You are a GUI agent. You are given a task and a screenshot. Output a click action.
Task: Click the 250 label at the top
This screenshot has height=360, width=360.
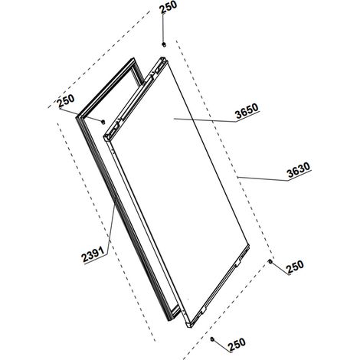[x=168, y=8]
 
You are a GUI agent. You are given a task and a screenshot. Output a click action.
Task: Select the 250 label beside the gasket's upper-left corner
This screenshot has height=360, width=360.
[x=66, y=101]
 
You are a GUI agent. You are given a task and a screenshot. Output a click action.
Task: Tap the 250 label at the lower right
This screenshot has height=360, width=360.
[x=295, y=267]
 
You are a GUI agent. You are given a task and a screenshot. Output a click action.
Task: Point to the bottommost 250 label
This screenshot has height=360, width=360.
[x=237, y=345]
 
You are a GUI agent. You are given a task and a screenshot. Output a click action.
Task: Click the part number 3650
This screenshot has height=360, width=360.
[x=247, y=111]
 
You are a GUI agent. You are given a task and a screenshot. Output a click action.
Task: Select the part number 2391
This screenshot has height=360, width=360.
[x=93, y=254]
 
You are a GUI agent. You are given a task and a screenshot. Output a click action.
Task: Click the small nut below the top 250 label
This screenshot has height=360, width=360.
[x=164, y=44]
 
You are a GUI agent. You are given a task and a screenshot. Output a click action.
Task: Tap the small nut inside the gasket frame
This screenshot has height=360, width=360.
[x=103, y=122]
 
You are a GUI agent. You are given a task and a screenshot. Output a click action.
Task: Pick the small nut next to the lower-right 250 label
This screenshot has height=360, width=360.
[x=270, y=261]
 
